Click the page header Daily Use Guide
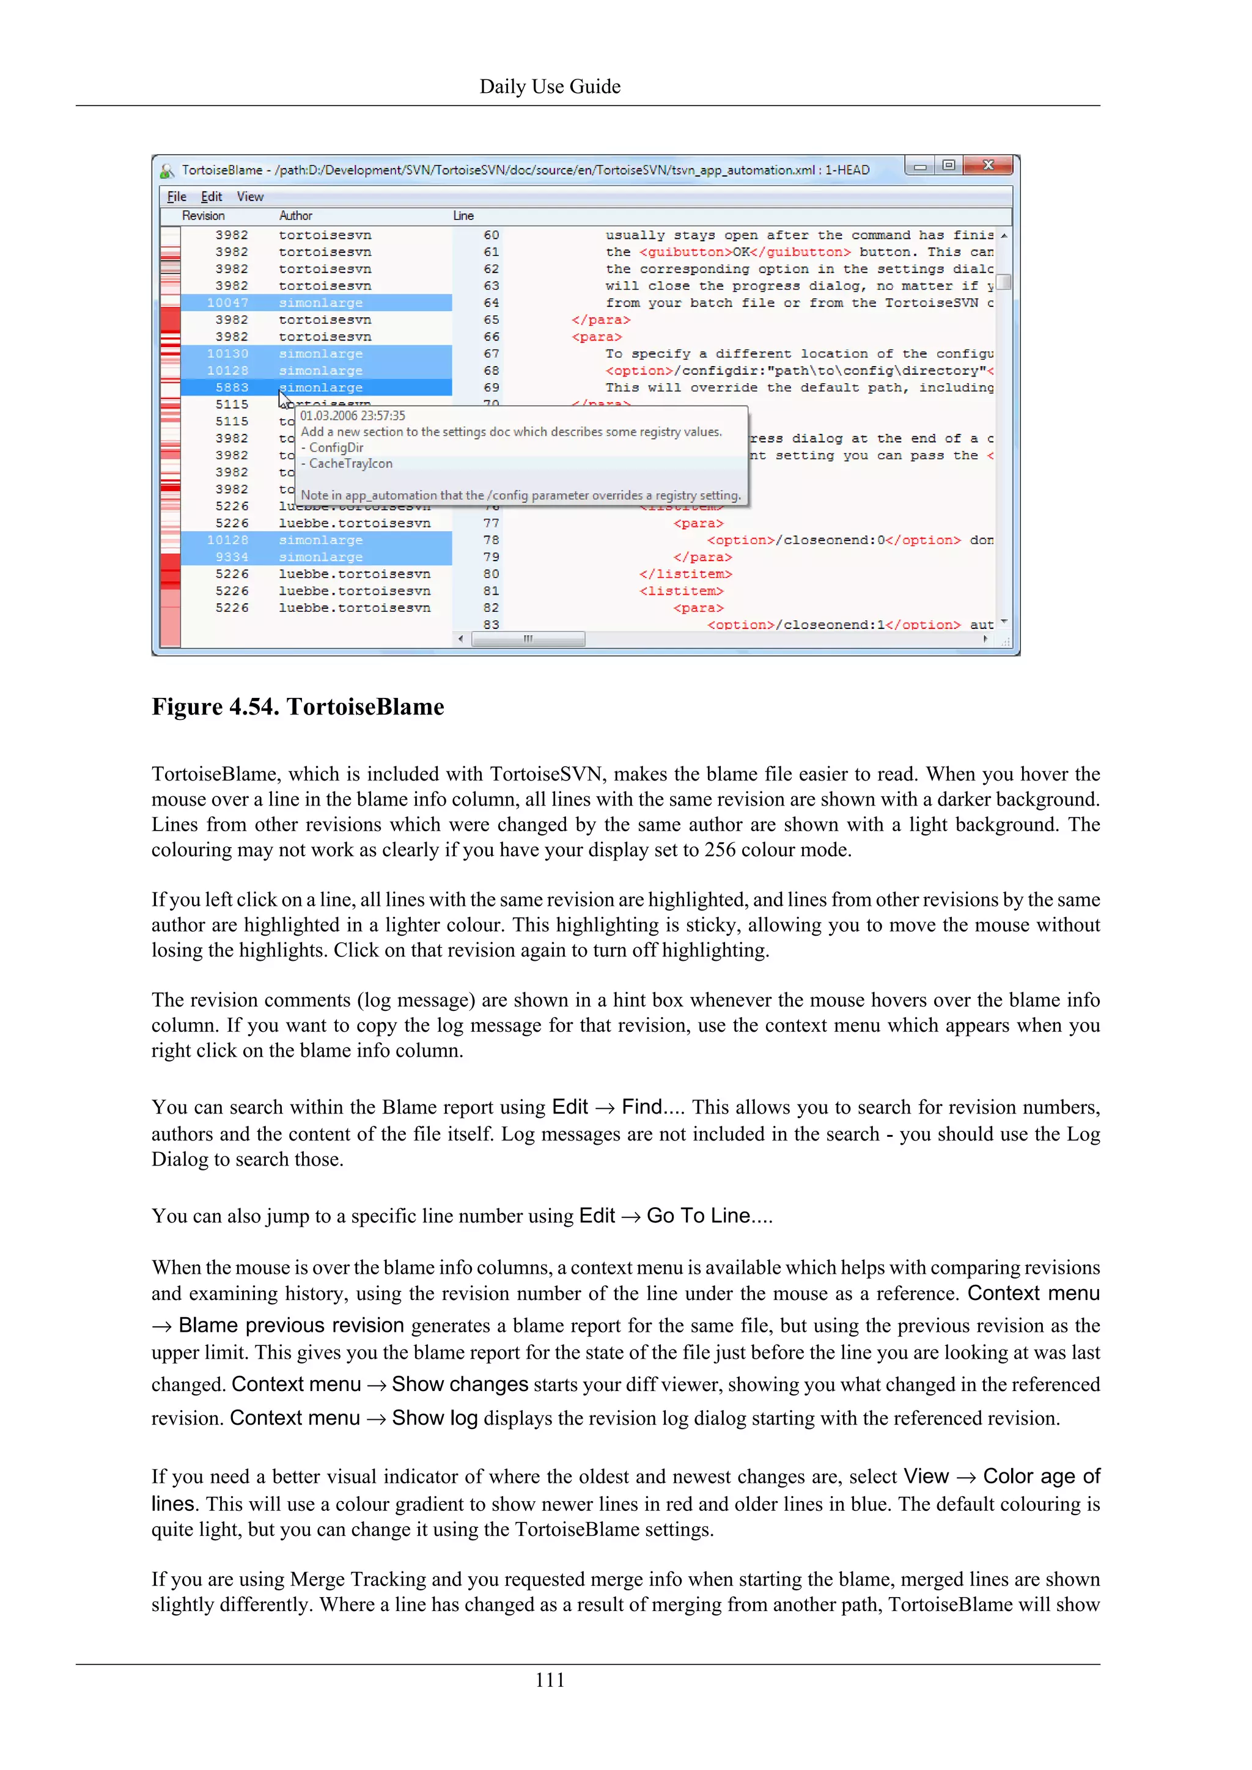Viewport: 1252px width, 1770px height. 550,86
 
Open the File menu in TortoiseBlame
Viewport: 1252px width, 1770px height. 177,197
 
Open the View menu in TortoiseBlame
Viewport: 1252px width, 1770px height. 250,197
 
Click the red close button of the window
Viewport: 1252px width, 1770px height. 989,165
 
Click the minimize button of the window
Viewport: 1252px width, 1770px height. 919,166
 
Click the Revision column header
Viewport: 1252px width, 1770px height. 204,216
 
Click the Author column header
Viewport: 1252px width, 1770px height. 295,216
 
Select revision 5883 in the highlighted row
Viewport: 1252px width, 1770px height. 232,387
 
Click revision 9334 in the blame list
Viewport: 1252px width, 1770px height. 232,557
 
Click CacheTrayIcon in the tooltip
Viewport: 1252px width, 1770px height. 351,463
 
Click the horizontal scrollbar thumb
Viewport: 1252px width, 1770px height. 528,639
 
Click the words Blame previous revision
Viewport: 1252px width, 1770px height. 292,1325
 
